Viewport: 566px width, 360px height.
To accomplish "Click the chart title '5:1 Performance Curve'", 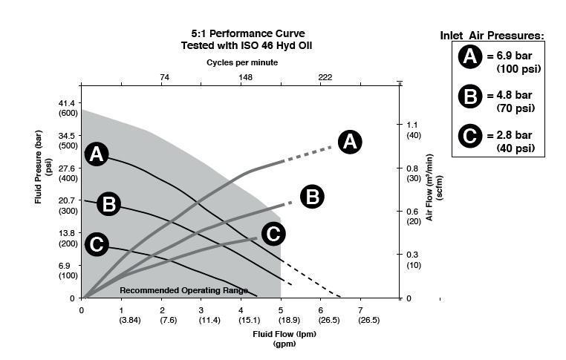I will tap(243, 33).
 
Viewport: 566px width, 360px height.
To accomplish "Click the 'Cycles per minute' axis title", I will tap(244, 63).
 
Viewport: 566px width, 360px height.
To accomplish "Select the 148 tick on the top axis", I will tap(245, 77).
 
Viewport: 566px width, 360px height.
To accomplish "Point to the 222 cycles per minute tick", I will tap(325, 77).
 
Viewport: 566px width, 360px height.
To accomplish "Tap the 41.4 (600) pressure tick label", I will tap(68, 107).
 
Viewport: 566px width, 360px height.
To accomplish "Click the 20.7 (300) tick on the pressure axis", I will tap(68, 206).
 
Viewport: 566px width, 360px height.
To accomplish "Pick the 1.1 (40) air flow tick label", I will tap(414, 129).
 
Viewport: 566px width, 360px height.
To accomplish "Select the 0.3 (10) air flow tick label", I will tap(414, 259).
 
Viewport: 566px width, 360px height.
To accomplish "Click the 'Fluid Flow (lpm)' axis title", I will tap(284, 335).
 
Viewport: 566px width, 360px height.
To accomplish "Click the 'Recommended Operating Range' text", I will tap(183, 290).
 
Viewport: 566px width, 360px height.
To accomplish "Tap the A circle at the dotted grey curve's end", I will tap(350, 141).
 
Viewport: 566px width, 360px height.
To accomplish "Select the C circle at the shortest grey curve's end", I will tap(273, 234).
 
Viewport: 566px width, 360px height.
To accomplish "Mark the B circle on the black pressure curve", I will tap(108, 203).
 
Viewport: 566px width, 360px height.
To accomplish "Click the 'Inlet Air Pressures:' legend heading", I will tap(492, 35).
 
